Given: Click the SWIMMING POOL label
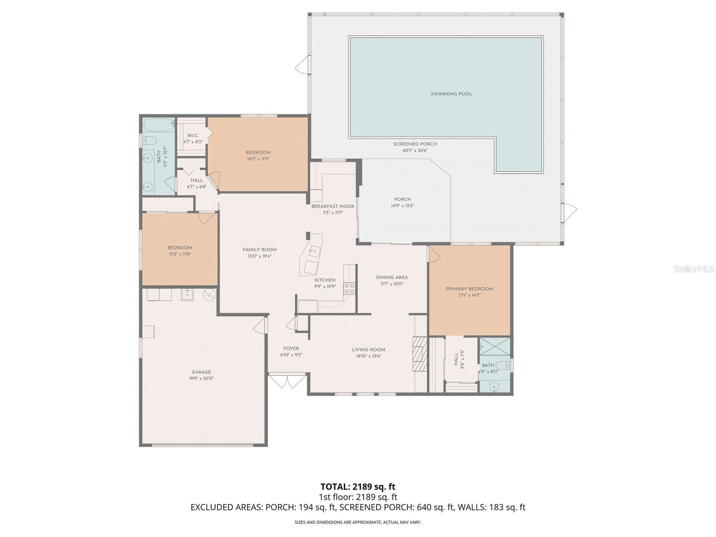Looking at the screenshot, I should pos(451,94).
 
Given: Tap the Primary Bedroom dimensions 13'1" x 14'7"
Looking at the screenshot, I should pos(469,295).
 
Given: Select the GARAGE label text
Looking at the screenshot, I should pos(201,372).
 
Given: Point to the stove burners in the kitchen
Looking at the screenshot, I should pos(349,288).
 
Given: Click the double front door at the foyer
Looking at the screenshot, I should pos(287,382).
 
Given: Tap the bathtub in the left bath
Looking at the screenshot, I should pos(158,124).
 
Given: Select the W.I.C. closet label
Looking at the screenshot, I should pos(193,136).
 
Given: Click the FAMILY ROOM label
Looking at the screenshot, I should pos(260,250).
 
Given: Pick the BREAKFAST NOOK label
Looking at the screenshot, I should pos(332,206).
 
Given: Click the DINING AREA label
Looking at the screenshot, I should pos(392,277).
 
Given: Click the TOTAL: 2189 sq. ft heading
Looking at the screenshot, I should pos(358,486).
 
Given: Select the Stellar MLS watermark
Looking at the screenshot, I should pos(693,268).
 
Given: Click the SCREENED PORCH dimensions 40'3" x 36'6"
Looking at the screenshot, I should pos(415,150).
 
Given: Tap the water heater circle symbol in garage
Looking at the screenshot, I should pos(209,294).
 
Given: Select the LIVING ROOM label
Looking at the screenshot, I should pos(368,350).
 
